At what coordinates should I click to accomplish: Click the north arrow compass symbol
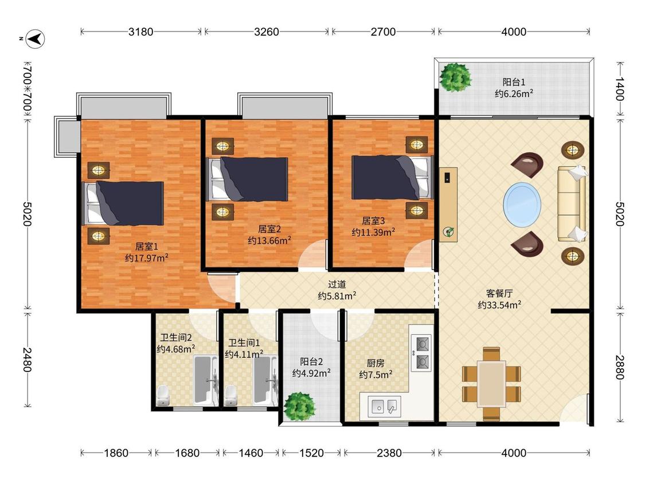pyautogui.click(x=36, y=39)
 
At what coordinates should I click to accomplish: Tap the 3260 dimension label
pyautogui.click(x=267, y=32)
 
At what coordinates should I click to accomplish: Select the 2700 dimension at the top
pyautogui.click(x=383, y=32)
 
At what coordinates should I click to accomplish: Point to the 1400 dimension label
pyautogui.click(x=620, y=89)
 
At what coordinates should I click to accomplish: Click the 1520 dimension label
pyautogui.click(x=311, y=453)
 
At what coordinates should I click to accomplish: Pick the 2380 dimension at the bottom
pyautogui.click(x=389, y=453)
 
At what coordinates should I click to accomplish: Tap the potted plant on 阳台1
pyautogui.click(x=455, y=77)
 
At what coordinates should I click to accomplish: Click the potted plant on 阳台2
pyautogui.click(x=300, y=407)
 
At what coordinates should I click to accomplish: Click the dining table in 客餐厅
pyautogui.click(x=491, y=384)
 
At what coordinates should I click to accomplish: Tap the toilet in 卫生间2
pyautogui.click(x=163, y=396)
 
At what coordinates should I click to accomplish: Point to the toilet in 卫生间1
pyautogui.click(x=231, y=396)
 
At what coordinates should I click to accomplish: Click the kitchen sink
pyautogui.click(x=384, y=406)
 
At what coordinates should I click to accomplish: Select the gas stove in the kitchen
pyautogui.click(x=421, y=353)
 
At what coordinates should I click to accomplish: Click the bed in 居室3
pyautogui.click(x=392, y=177)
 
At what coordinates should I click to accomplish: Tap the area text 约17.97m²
pyautogui.click(x=146, y=257)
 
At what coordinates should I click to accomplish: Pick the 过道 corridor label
pyautogui.click(x=337, y=284)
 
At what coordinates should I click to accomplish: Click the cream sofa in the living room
pyautogui.click(x=572, y=203)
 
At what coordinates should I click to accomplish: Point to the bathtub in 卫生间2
pyautogui.click(x=206, y=379)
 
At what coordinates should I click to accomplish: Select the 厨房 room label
pyautogui.click(x=375, y=363)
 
